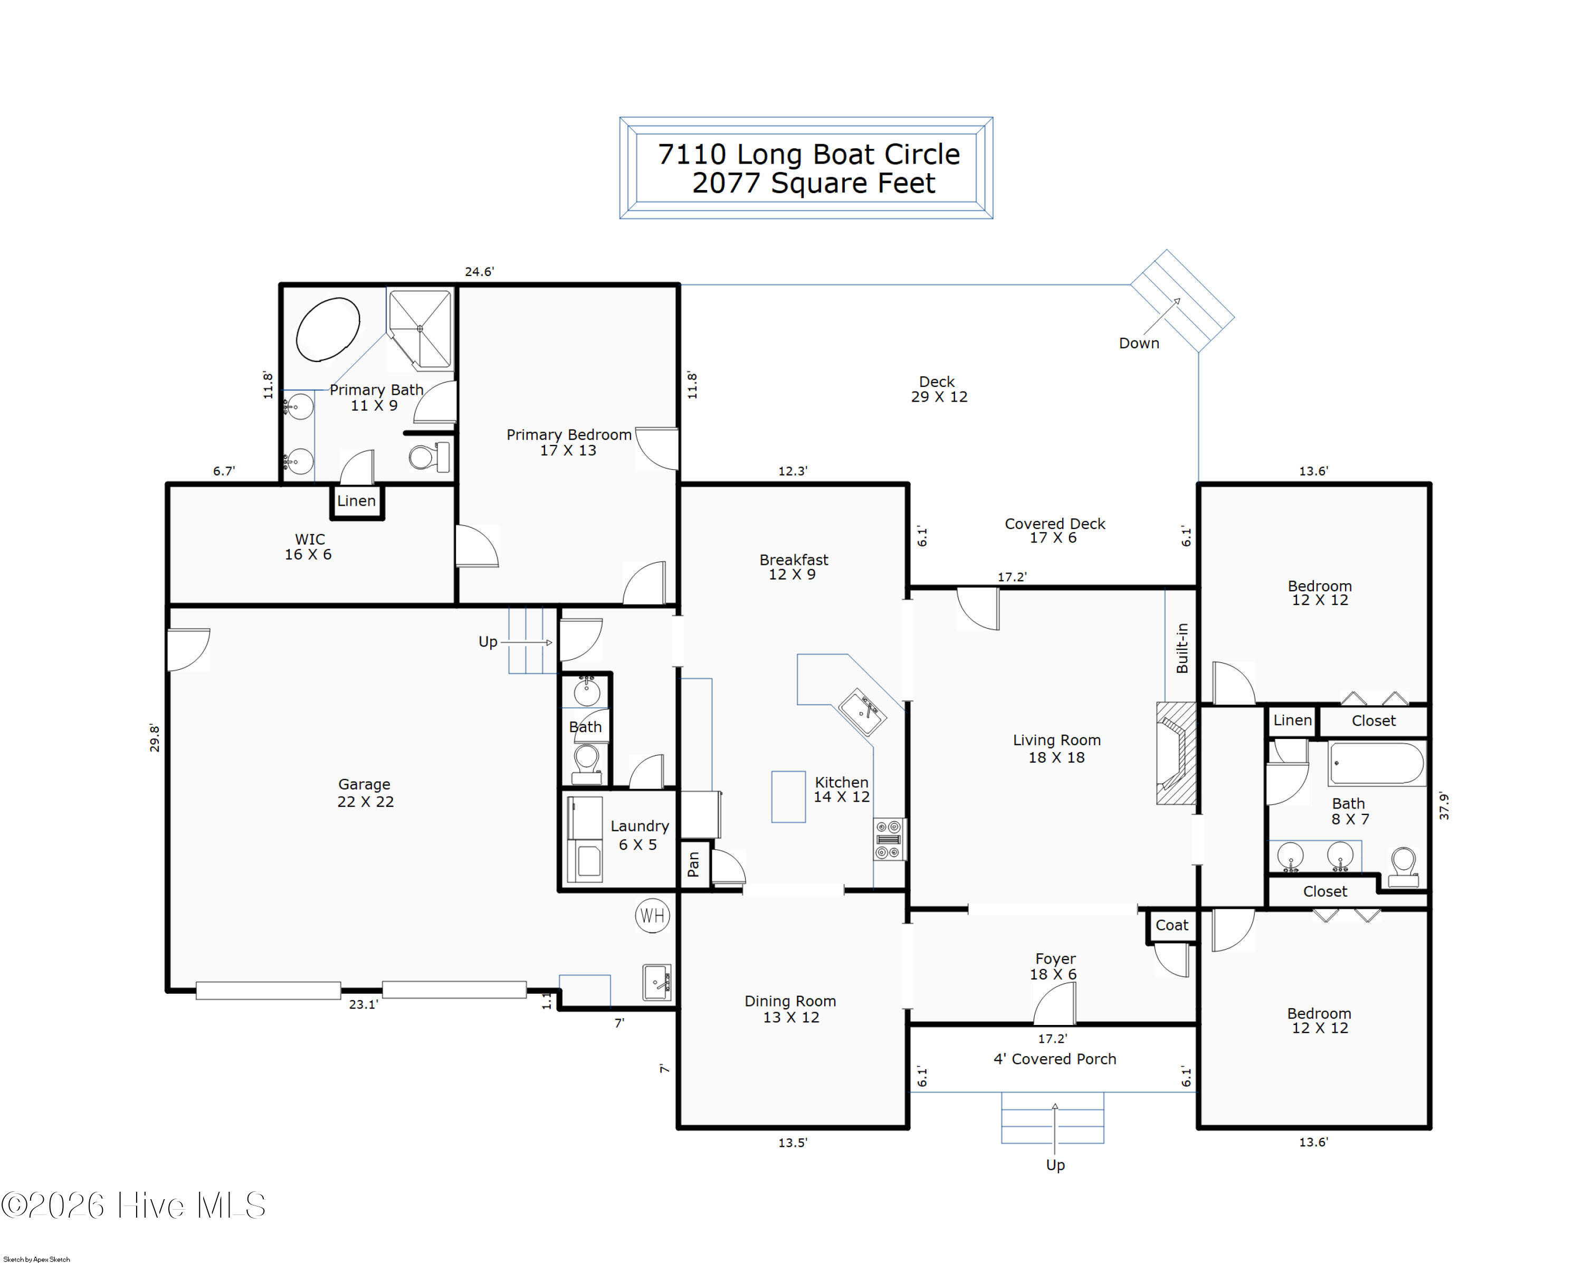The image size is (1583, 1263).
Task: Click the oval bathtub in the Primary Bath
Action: (328, 329)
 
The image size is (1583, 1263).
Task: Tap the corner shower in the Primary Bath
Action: (419, 329)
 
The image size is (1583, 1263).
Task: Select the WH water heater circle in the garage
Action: (653, 916)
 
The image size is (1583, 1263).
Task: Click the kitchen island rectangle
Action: (788, 797)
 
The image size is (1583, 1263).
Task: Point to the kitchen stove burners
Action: (889, 839)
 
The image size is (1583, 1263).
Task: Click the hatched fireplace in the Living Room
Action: (1176, 753)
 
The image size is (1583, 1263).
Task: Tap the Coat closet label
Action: (1172, 925)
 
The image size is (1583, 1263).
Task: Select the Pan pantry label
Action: (693, 865)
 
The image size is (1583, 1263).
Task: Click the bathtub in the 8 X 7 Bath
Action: (1377, 763)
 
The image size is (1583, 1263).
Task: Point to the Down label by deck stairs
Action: (1139, 343)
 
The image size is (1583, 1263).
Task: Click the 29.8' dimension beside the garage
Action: (154, 738)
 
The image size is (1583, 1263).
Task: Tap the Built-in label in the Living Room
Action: (1182, 648)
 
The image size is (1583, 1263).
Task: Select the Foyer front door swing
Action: (1054, 1003)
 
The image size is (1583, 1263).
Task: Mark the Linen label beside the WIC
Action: (356, 501)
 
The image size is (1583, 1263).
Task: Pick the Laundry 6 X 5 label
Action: (639, 835)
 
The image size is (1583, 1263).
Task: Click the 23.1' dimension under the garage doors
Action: (364, 1004)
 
